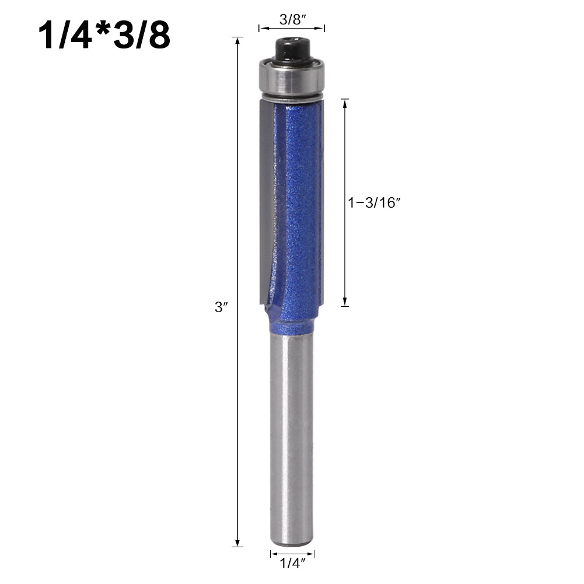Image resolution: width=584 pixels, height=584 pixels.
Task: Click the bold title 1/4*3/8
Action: pyautogui.click(x=104, y=36)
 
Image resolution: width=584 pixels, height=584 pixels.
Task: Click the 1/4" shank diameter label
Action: pyautogui.click(x=292, y=565)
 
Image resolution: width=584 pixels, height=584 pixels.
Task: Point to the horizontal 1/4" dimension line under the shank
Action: pyautogui.click(x=292, y=552)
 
